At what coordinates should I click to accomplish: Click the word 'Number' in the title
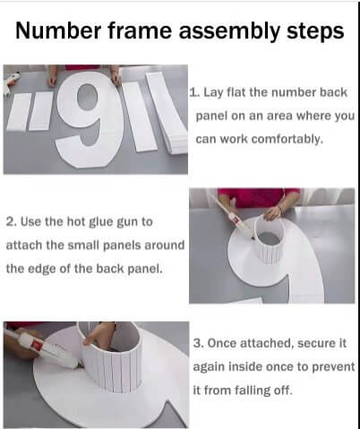[x=63, y=32]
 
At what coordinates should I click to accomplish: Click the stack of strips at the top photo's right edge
[x=167, y=107]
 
